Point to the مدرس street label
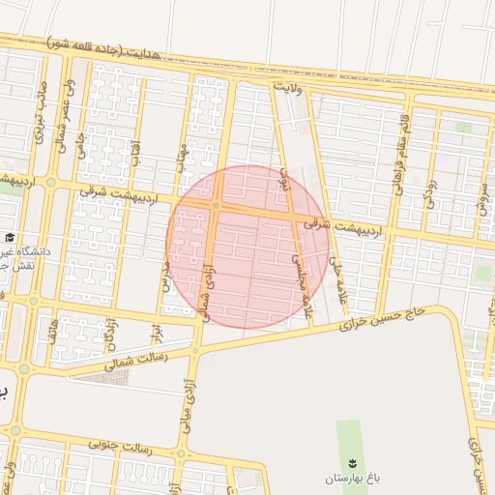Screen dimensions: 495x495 tap(165, 277)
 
